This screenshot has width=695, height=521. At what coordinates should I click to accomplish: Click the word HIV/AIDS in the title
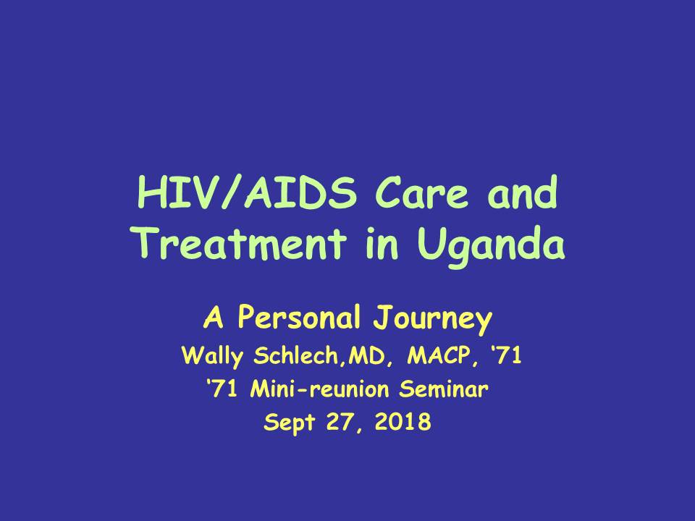[x=247, y=192]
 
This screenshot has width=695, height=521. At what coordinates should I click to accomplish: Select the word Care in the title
[x=421, y=192]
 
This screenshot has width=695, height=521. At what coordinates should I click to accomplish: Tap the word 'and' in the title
[x=522, y=192]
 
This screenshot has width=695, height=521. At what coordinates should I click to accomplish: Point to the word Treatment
[x=240, y=243]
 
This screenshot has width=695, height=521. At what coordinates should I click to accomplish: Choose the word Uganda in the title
[x=491, y=245]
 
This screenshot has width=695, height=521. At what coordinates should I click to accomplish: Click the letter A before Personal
[x=213, y=317]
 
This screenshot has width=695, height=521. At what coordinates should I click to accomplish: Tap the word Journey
[x=433, y=320]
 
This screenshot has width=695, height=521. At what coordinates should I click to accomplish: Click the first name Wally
[x=212, y=357]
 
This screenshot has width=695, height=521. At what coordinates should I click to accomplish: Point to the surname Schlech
[x=296, y=355]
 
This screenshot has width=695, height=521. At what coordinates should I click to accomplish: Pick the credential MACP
[x=439, y=355]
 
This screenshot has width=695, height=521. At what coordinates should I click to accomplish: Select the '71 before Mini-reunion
[x=222, y=389]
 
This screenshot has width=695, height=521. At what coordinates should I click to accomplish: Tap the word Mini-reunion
[x=319, y=389]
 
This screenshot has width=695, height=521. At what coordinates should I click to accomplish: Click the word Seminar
[x=443, y=389]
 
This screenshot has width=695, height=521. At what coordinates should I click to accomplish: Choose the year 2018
[x=403, y=422]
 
